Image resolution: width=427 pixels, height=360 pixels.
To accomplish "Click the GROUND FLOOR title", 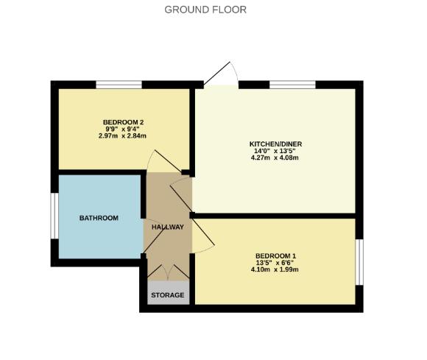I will click(205, 10).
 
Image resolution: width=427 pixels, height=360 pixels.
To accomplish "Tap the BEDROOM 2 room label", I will click(123, 121).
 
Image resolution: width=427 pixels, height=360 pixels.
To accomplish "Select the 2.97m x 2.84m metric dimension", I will click(123, 136).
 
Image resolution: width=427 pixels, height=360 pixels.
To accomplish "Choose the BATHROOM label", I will click(99, 218).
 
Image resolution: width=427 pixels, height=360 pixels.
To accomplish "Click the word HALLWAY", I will click(167, 227).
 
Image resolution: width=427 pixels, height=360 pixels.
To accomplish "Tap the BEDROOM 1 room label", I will click(276, 255).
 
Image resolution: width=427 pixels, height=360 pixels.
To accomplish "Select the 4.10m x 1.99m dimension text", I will click(276, 270).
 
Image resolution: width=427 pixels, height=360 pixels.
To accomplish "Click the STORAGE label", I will click(167, 295).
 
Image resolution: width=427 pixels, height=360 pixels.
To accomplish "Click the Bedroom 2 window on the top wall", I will click(119, 85).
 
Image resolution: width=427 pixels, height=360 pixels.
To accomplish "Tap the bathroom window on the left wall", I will click(54, 216).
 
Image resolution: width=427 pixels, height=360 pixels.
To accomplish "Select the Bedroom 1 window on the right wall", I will click(359, 261).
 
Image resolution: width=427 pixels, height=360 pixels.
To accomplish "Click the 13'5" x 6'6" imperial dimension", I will click(276, 263).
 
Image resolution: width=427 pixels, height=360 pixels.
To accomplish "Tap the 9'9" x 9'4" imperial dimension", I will click(123, 129).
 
